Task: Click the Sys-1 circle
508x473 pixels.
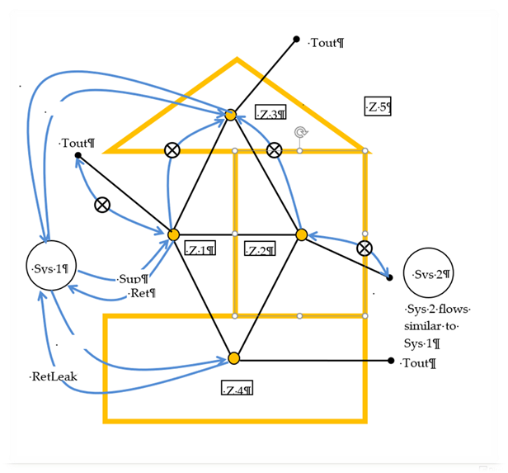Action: [51, 268]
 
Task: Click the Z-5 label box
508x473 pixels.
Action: [377, 106]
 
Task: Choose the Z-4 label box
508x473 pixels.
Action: [237, 389]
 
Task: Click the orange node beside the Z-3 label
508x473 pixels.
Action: [232, 116]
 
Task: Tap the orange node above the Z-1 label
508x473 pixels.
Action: [173, 235]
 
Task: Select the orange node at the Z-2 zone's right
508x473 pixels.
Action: [302, 235]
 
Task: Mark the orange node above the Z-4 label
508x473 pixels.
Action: [233, 358]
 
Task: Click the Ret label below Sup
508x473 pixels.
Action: [143, 293]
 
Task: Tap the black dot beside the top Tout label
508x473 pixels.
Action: [296, 40]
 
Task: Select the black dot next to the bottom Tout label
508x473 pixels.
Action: [391, 360]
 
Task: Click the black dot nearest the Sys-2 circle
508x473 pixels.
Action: [390, 277]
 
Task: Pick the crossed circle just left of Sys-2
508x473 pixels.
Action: [364, 248]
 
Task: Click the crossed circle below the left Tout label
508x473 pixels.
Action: [101, 205]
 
